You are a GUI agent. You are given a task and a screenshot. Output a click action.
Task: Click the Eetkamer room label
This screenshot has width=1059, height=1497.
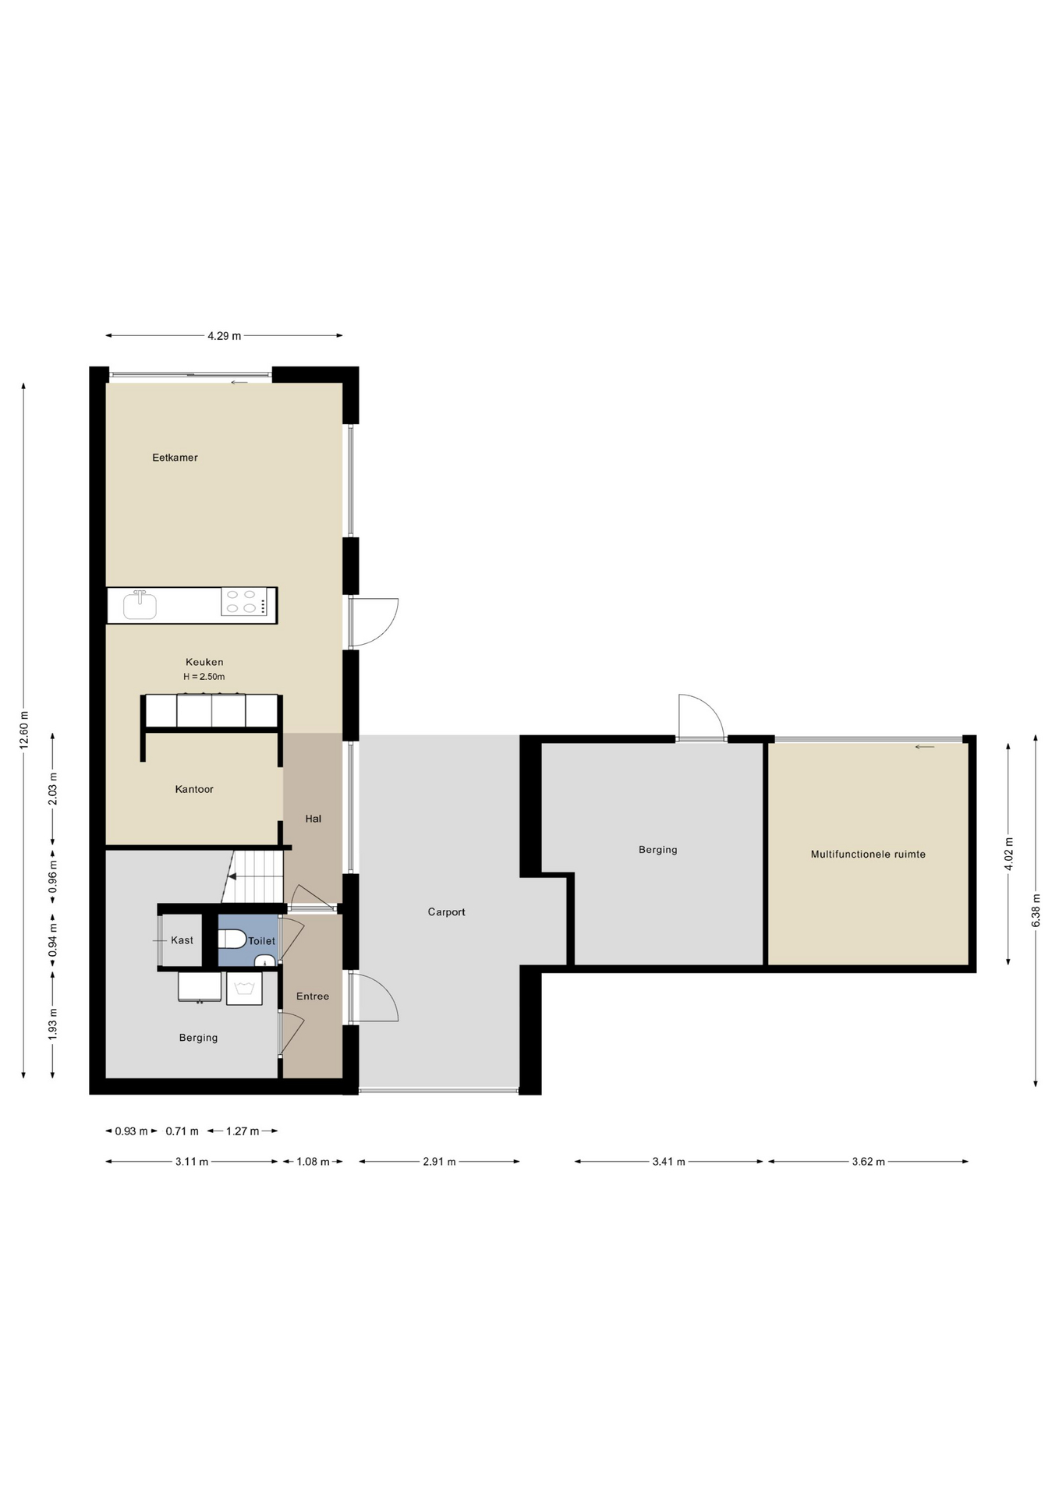tap(175, 458)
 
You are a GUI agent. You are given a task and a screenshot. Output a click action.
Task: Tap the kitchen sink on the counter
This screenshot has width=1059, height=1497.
tap(140, 604)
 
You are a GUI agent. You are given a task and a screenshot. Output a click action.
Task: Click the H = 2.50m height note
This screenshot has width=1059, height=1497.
tap(204, 677)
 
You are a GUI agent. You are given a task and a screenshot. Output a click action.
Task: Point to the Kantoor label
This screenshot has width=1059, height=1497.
tap(194, 789)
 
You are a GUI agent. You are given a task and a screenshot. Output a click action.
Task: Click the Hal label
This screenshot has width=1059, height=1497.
tap(313, 819)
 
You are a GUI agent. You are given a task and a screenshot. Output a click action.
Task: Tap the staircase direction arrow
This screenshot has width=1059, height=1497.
tap(232, 876)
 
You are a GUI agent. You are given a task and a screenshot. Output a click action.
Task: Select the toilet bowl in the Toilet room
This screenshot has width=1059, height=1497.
tap(232, 939)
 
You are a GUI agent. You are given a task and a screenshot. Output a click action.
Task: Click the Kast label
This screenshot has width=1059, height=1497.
tap(182, 940)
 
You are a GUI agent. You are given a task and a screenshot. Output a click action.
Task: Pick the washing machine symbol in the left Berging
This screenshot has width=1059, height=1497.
tap(244, 989)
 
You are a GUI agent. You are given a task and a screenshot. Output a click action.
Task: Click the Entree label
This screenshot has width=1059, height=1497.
tap(313, 996)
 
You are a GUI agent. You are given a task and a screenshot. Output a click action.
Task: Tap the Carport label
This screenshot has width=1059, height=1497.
tap(446, 912)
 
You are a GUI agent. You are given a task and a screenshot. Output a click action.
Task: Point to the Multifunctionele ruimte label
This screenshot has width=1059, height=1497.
tap(868, 855)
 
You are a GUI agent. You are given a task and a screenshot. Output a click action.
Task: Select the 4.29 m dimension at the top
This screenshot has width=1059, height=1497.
tap(224, 336)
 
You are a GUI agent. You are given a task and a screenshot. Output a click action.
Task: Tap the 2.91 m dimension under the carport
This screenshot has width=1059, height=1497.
tap(439, 1162)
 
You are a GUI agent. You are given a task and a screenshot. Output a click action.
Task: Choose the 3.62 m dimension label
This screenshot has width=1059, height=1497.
tap(868, 1162)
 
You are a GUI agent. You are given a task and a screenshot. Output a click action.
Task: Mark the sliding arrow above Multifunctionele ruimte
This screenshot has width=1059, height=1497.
tap(925, 747)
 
